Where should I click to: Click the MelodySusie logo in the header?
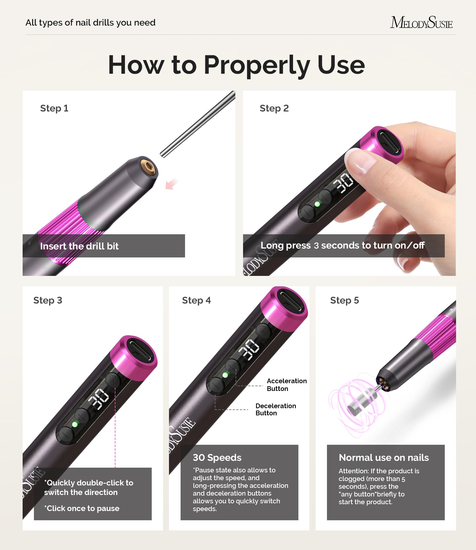click(421, 23)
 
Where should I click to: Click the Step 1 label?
click(54, 108)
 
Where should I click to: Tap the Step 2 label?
click(274, 108)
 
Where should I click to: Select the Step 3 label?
click(48, 300)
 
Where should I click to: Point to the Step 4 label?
click(196, 300)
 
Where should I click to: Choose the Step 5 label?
click(344, 300)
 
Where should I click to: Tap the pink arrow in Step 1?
click(171, 184)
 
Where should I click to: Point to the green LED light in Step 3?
click(75, 424)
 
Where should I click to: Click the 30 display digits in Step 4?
click(249, 350)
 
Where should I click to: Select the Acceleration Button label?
click(286, 385)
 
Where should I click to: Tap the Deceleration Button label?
click(275, 409)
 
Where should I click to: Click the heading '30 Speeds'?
click(217, 458)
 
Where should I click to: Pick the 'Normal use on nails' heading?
click(383, 458)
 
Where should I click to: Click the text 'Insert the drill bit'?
click(79, 246)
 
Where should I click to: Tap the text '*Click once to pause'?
click(82, 508)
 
